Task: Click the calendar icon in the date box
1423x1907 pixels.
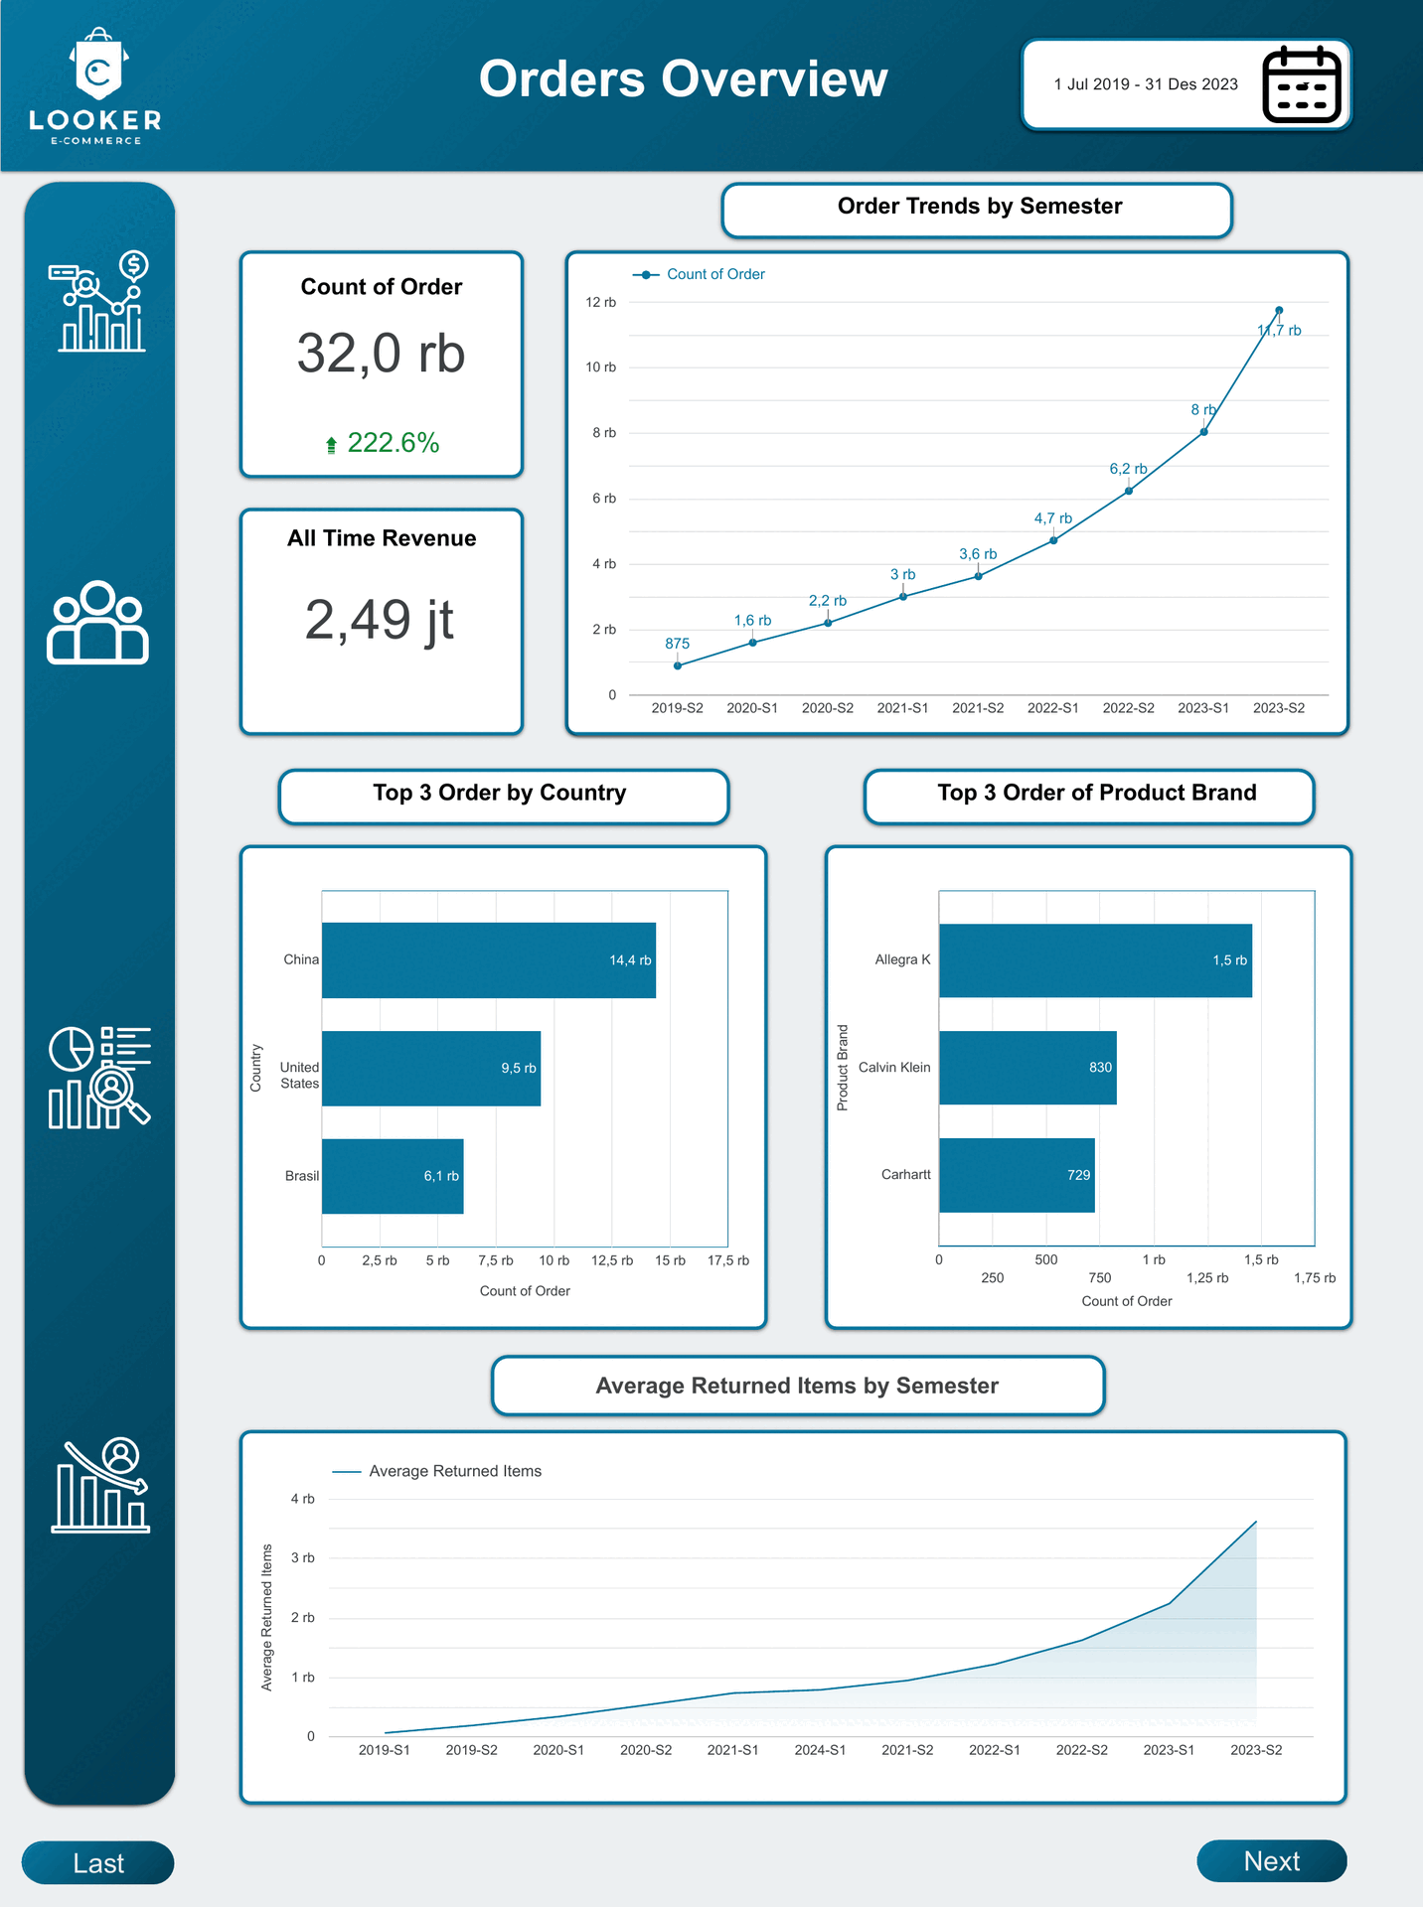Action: tap(1302, 84)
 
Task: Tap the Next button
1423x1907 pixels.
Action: tap(1271, 1860)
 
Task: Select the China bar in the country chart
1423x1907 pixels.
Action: tap(488, 959)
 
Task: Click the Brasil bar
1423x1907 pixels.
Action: tap(393, 1176)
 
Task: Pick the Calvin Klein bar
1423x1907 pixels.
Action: tap(1028, 1068)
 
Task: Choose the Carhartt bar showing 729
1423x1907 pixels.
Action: tap(1017, 1175)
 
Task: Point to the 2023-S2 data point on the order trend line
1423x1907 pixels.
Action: tap(1279, 310)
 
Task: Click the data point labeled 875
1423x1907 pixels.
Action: tap(678, 665)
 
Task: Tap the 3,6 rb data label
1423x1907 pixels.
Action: tap(978, 554)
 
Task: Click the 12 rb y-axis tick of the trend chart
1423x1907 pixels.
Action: tap(600, 302)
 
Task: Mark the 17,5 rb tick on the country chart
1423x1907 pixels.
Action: tap(728, 1260)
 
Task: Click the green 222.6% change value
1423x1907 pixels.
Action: tap(393, 443)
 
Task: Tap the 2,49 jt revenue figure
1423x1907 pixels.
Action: tap(380, 620)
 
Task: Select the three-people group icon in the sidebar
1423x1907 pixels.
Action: tap(97, 623)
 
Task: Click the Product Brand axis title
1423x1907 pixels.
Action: tap(843, 1068)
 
